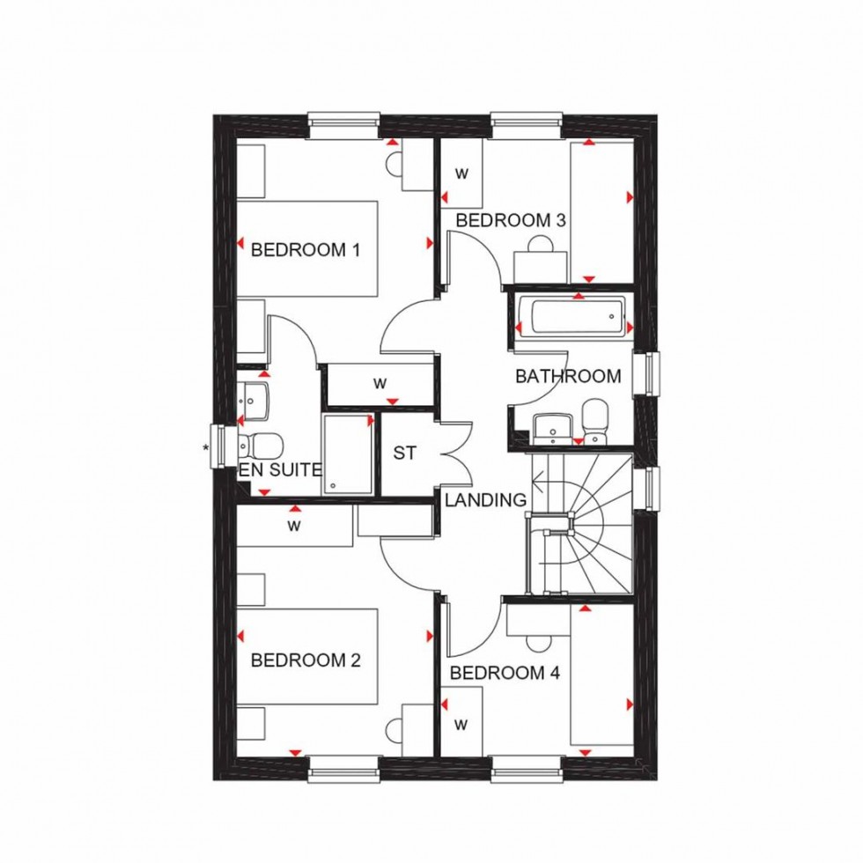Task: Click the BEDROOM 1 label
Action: tap(306, 250)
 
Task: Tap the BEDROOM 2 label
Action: tap(306, 660)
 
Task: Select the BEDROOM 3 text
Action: tap(510, 220)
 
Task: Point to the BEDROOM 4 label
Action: tap(505, 674)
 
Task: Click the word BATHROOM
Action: tap(568, 377)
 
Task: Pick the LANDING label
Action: tap(485, 500)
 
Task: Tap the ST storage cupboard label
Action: tap(404, 454)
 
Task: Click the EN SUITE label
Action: tap(280, 470)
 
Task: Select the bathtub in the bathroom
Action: tap(572, 316)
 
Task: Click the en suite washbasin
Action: tap(254, 397)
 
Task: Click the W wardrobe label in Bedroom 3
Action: tap(461, 173)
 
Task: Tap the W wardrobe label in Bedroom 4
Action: tap(461, 725)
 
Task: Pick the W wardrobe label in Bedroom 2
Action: tap(294, 528)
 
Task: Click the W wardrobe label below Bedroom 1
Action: tap(380, 383)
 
